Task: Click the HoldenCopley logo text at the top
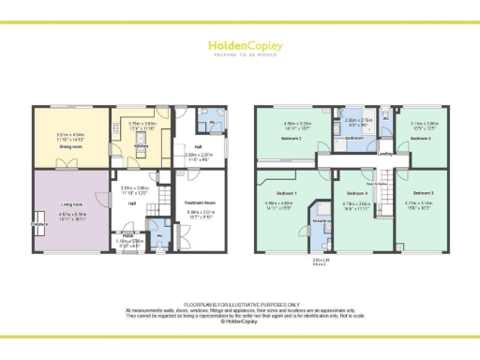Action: [x=240, y=45]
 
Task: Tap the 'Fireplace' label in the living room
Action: [x=38, y=225]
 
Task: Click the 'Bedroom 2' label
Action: [x=292, y=137]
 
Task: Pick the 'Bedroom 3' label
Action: [x=423, y=191]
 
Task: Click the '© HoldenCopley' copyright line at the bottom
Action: [x=240, y=319]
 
